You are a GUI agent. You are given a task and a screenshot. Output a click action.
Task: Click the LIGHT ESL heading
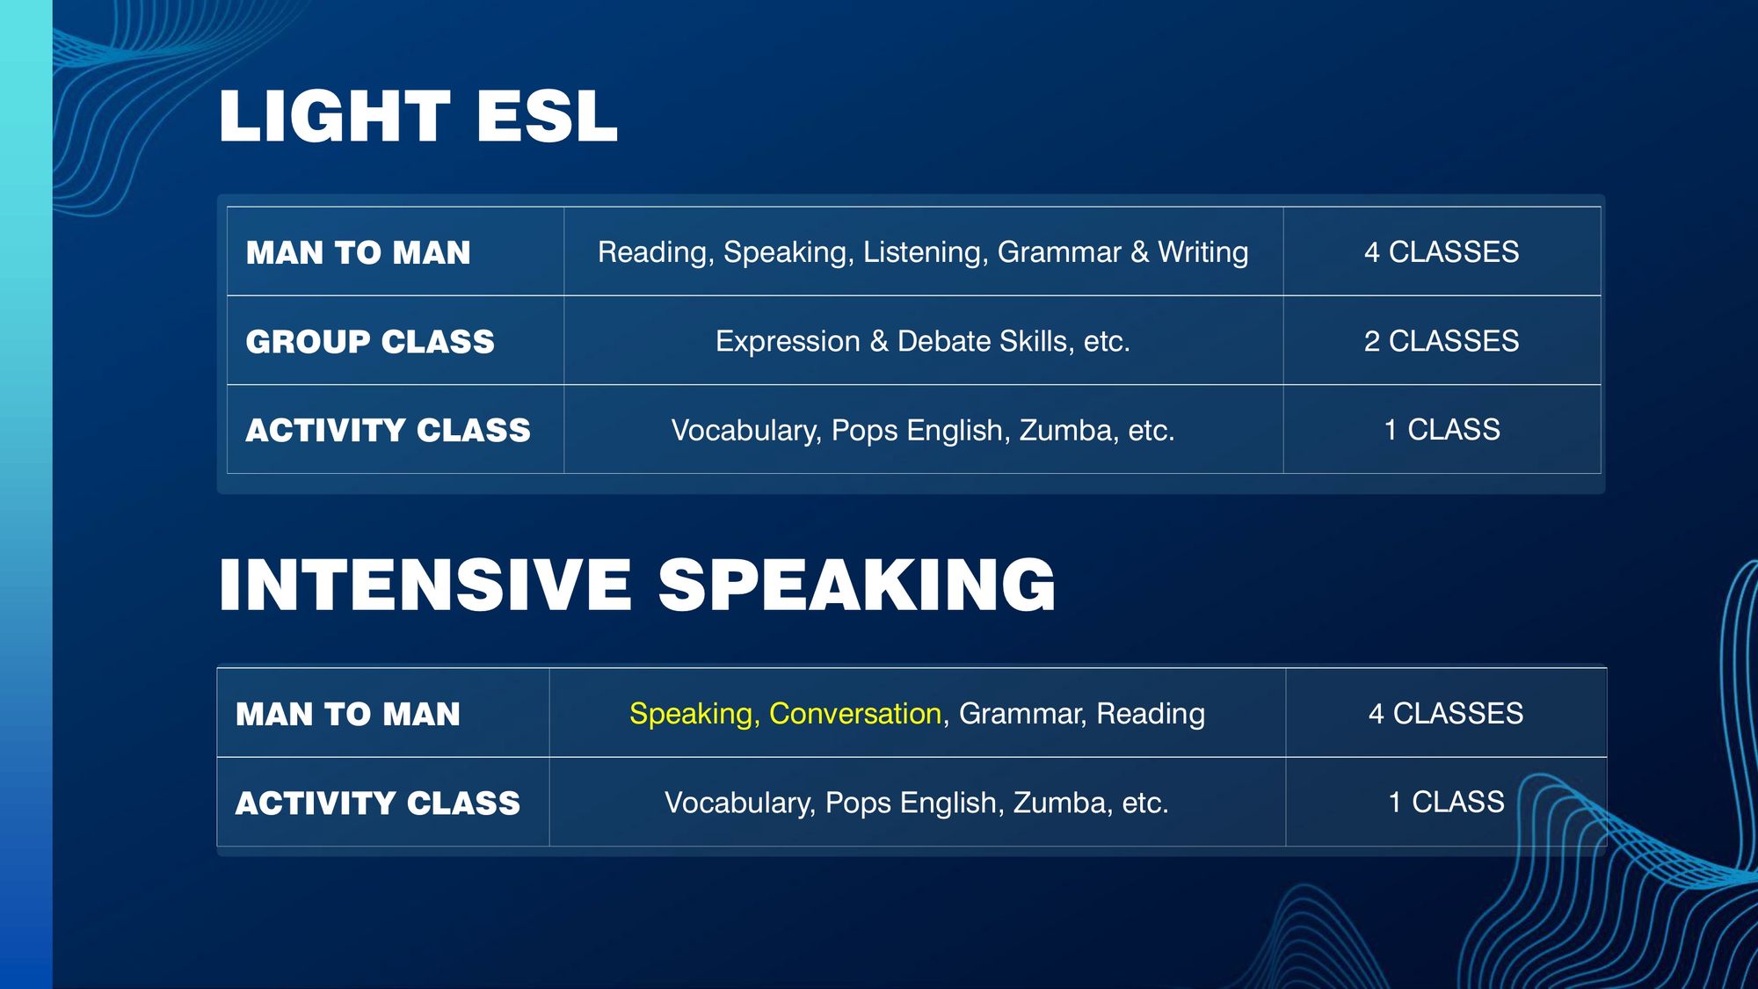coord(418,116)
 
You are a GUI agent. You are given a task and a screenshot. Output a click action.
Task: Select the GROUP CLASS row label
coord(370,341)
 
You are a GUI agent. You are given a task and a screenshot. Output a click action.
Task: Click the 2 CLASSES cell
coord(1442,341)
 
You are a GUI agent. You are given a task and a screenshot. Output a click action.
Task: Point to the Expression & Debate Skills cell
coord(923,341)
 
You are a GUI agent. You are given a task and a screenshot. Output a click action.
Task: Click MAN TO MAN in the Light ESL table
coord(359,252)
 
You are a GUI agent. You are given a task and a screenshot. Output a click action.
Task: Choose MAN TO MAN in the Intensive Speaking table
coord(348,714)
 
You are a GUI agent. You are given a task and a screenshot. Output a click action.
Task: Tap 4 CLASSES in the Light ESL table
coord(1442,252)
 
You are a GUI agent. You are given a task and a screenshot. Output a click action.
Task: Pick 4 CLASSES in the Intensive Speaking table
coord(1446,713)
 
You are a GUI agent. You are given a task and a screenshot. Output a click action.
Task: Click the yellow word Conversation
coord(855,713)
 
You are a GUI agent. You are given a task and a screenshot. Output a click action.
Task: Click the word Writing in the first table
coord(1203,253)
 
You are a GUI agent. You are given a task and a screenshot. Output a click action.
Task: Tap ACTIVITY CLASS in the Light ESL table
coord(389,430)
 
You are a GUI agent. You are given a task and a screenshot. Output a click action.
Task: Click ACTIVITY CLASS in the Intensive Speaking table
coord(378,803)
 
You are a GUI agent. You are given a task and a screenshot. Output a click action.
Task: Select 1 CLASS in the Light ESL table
coord(1442,430)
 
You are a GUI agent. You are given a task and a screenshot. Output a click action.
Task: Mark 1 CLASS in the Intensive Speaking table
coord(1446,803)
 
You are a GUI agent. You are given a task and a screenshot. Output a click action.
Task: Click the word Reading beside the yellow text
coord(1151,715)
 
